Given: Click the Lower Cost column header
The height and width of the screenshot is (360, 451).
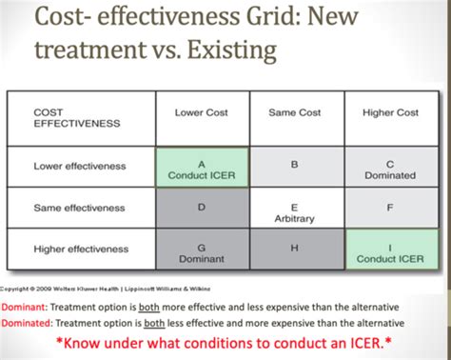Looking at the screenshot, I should (x=201, y=112).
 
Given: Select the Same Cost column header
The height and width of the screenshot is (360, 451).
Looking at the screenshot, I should (x=294, y=112).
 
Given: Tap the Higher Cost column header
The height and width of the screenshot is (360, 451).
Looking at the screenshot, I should (x=390, y=112).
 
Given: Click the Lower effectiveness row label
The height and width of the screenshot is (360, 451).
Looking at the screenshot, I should (x=80, y=166).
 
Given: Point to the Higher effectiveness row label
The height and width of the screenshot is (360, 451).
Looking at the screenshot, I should (x=82, y=250).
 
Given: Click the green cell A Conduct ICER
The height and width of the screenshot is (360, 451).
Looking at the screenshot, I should (x=201, y=169).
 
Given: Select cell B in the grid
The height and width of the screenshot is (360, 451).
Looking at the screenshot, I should (x=294, y=166).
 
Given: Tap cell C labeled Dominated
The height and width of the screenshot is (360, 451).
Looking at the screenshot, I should (x=390, y=169).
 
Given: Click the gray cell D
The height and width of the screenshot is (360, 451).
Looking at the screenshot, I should (x=201, y=207).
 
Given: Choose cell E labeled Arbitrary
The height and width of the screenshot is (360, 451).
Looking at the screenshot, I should (x=294, y=211).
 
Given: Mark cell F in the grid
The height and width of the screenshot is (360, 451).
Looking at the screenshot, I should (x=390, y=205).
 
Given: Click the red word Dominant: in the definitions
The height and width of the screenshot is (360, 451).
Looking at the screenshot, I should (x=26, y=307).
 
